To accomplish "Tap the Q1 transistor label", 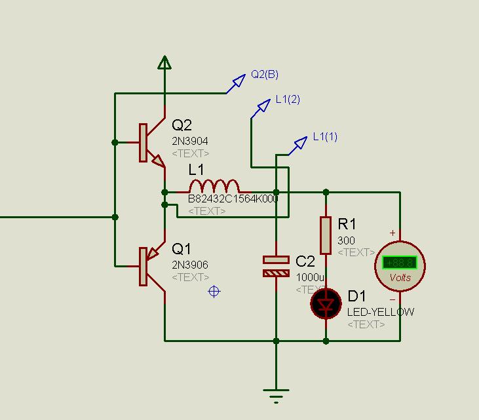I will pos(182,249).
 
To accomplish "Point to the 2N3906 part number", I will pos(190,265).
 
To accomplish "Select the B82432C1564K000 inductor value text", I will pos(233,199).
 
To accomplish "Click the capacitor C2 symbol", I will pos(276,266).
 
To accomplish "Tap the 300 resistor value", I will pos(346,240).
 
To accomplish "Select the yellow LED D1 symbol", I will pos(326,303).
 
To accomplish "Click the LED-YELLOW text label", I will pos(380,312).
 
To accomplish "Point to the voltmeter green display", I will pos(400,263).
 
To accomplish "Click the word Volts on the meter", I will pos(400,277).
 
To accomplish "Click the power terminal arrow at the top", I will pos(164,62).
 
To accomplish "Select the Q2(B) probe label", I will pos(265,75).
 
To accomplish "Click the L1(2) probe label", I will pos(288,100).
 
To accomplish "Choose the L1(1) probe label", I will pos(325,136).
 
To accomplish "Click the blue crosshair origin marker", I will pos(214,291).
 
